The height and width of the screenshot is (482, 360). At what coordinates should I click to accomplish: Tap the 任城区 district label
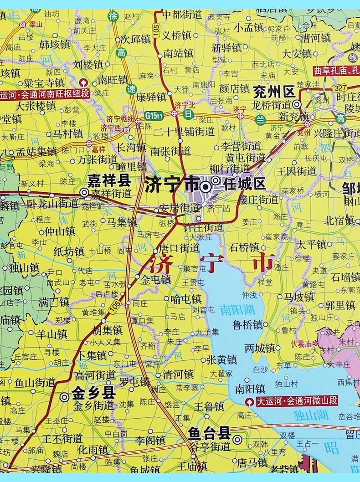coord(245,184)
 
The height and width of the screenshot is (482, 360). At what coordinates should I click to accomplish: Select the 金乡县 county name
coord(93,393)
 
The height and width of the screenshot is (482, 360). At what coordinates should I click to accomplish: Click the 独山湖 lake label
coord(311,415)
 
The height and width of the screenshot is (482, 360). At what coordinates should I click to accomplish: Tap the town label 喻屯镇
coord(185,299)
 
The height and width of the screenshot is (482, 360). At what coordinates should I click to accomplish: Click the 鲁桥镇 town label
coord(247,325)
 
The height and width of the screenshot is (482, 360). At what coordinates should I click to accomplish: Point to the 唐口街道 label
coord(179,248)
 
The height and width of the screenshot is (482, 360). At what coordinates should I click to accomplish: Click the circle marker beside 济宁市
coord(206,186)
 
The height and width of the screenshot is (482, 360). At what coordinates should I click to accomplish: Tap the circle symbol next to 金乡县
coord(65,397)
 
